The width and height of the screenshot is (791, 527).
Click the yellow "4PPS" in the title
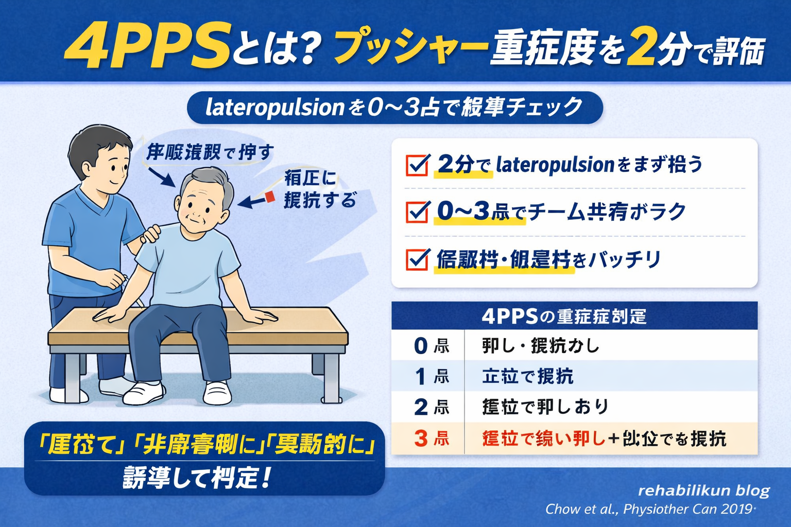tap(147, 47)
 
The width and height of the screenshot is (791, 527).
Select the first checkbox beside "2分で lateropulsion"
tap(417, 165)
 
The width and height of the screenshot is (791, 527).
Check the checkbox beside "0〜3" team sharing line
tap(417, 212)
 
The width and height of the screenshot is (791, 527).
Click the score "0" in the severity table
tap(421, 346)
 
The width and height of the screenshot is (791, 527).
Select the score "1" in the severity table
tap(421, 377)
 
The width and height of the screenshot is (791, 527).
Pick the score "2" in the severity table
tap(421, 408)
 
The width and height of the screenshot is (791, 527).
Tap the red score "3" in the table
tap(421, 438)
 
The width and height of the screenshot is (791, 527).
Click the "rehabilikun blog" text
tap(703, 490)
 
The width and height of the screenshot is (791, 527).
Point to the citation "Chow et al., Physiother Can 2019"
tap(650, 509)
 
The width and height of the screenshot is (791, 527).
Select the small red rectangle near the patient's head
tap(270, 197)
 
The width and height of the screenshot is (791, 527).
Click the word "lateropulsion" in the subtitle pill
tap(274, 108)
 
